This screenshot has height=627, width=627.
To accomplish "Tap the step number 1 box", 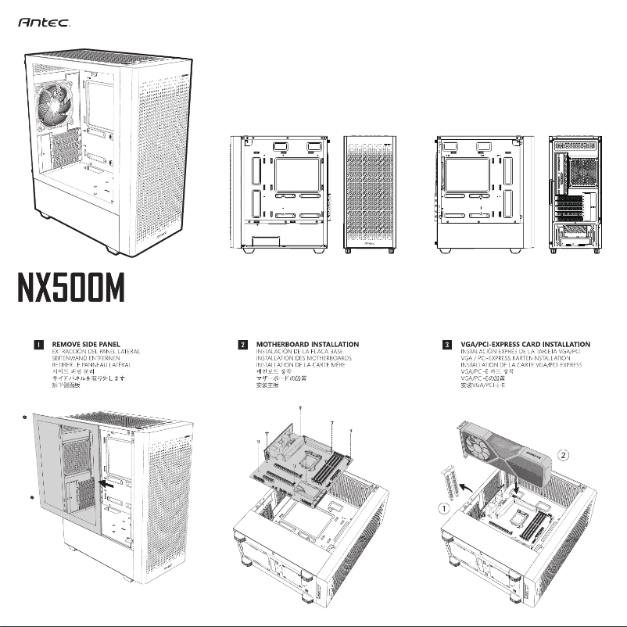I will click(37, 344).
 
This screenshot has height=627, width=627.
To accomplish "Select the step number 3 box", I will click(446, 344).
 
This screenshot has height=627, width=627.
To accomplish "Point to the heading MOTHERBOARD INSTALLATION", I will click(307, 344).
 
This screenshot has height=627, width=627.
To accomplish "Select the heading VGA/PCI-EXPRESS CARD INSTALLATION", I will click(525, 344).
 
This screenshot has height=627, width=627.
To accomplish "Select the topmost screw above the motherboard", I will click(300, 409).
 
